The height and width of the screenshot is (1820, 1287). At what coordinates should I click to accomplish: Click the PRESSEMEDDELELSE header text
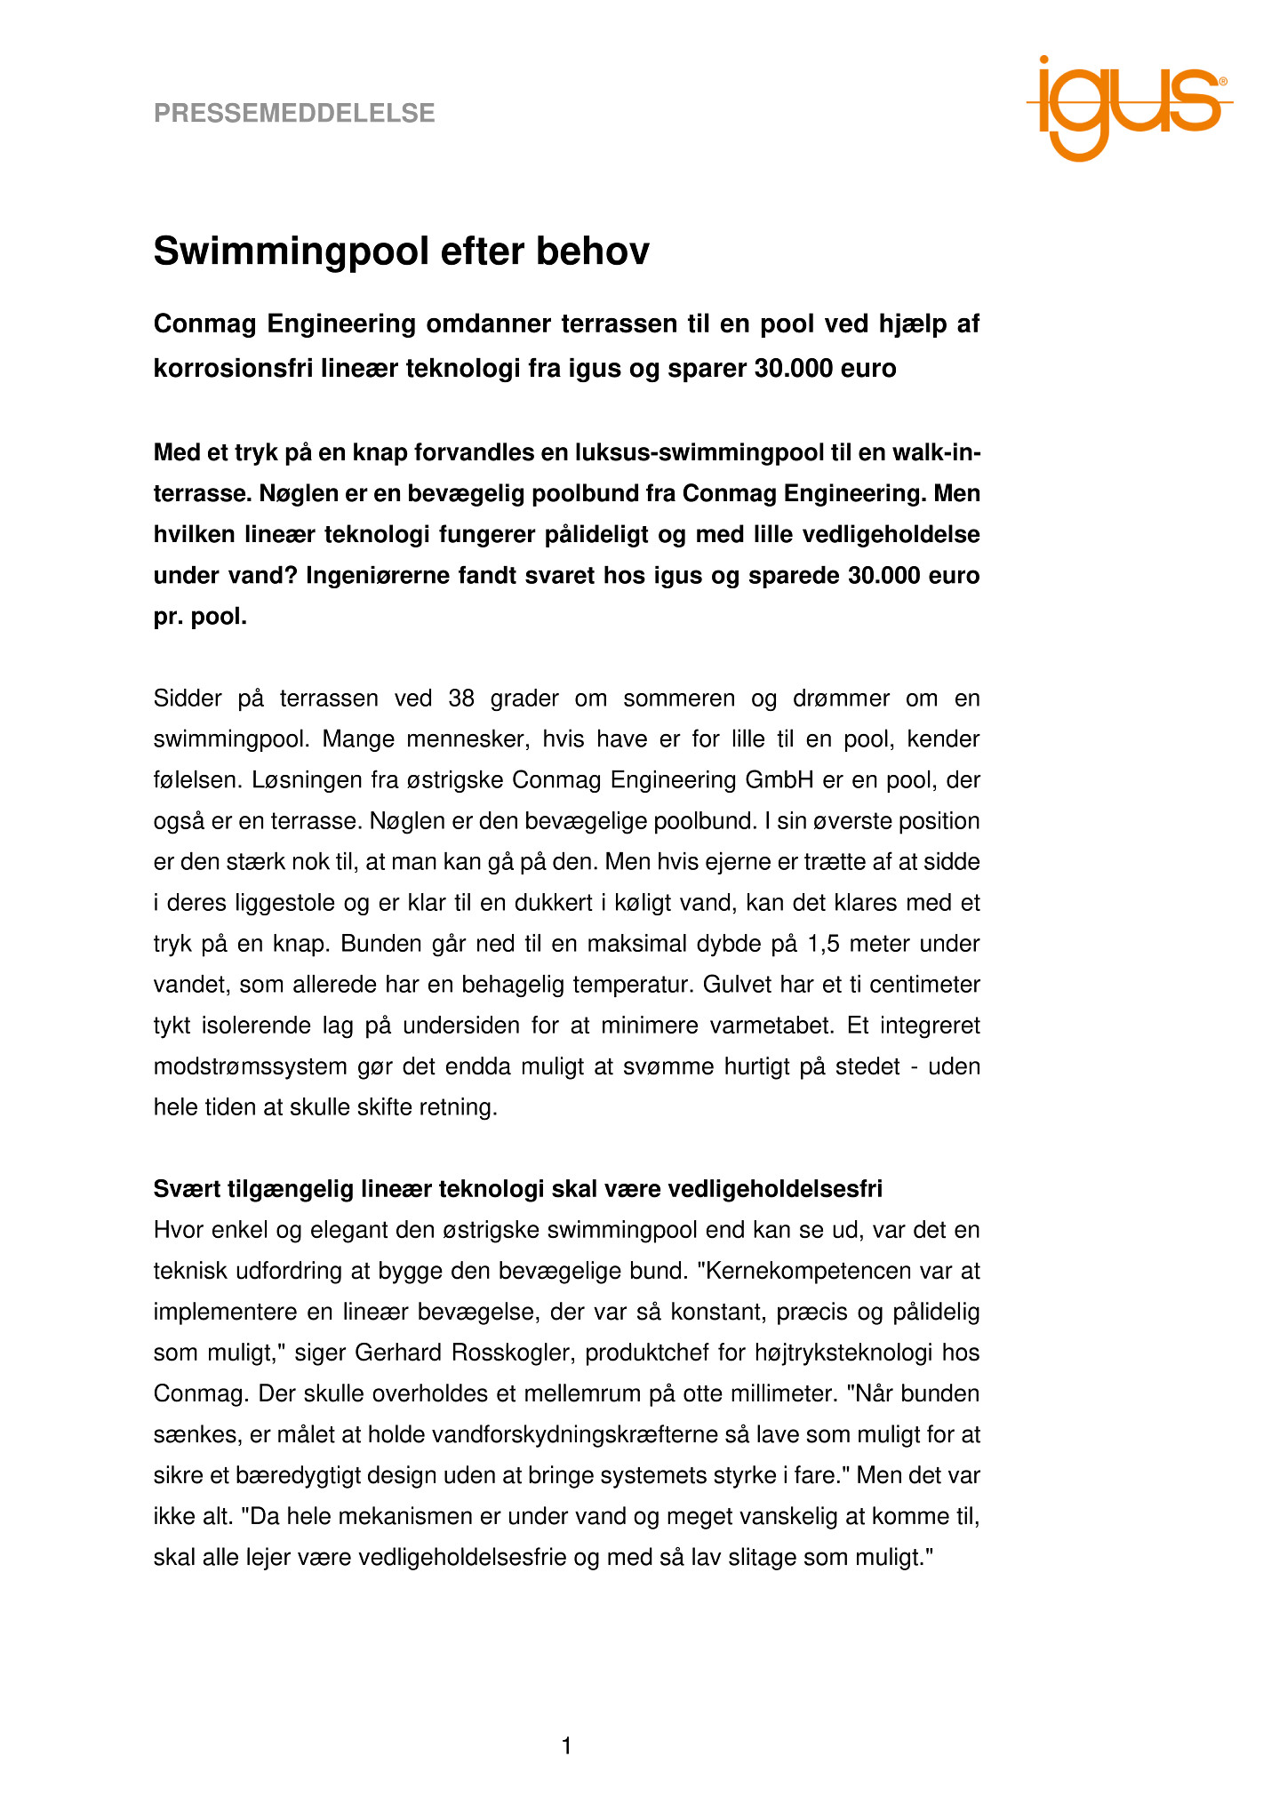pos(294,114)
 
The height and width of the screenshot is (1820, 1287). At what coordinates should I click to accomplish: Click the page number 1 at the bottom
pos(566,1747)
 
